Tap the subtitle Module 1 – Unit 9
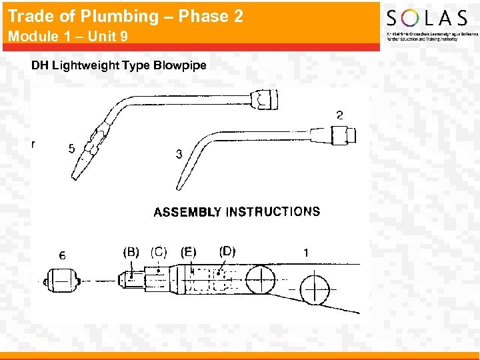click(68, 37)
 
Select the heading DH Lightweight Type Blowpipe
click(119, 65)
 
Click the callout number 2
click(340, 115)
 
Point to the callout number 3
click(179, 154)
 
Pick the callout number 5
click(71, 149)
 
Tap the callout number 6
click(62, 255)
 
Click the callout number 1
click(306, 253)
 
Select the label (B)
click(131, 252)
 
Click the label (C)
click(159, 252)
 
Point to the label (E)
click(189, 252)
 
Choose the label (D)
click(227, 251)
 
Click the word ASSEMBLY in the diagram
click(187, 213)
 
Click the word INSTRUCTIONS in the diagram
click(273, 212)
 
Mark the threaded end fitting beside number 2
click(343, 136)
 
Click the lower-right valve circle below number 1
click(315, 290)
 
